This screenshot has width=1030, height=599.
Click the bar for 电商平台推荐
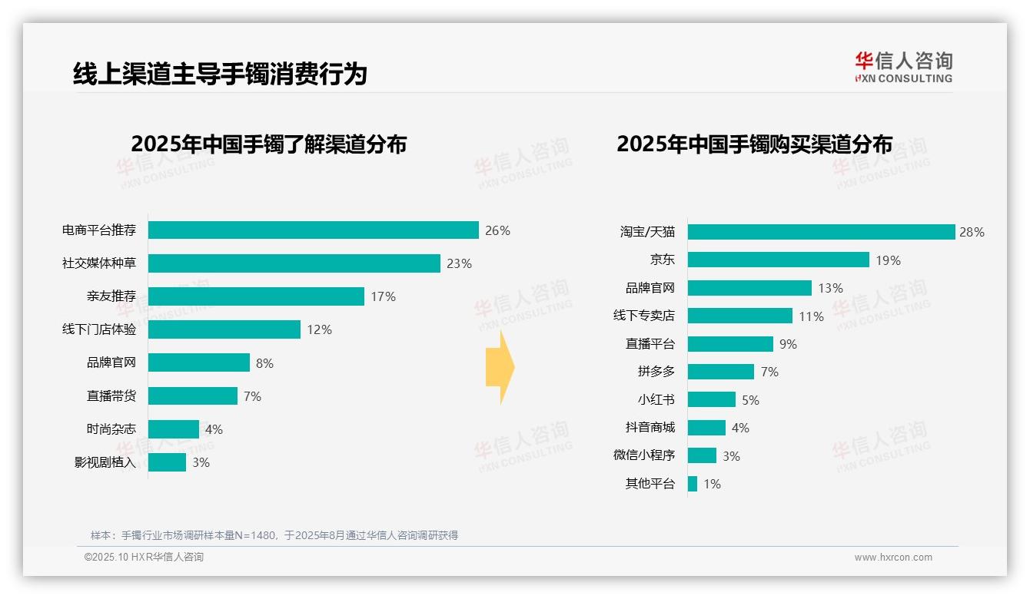click(313, 230)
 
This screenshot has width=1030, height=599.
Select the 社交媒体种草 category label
click(99, 263)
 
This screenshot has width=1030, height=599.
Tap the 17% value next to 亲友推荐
click(383, 296)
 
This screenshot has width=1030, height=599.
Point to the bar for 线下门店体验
click(224, 329)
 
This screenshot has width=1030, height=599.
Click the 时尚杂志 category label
click(111, 429)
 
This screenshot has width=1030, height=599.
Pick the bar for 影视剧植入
click(167, 462)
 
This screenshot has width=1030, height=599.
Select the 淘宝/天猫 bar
click(820, 232)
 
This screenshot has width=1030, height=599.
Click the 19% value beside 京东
click(888, 260)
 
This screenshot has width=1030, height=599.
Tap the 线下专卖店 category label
click(643, 316)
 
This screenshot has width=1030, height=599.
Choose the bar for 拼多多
click(720, 372)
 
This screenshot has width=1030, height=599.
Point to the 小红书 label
click(656, 400)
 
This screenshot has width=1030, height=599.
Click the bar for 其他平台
click(693, 484)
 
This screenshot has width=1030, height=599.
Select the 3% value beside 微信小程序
click(731, 456)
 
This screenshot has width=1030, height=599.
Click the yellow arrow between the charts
click(500, 368)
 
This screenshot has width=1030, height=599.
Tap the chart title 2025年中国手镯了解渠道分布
click(268, 144)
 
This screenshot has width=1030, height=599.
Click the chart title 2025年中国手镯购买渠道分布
click(754, 144)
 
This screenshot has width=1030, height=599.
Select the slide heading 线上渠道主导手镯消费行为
click(220, 74)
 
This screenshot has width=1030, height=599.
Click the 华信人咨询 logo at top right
click(903, 67)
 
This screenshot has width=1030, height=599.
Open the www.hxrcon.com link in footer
click(892, 558)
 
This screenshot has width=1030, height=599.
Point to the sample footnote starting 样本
click(274, 535)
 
